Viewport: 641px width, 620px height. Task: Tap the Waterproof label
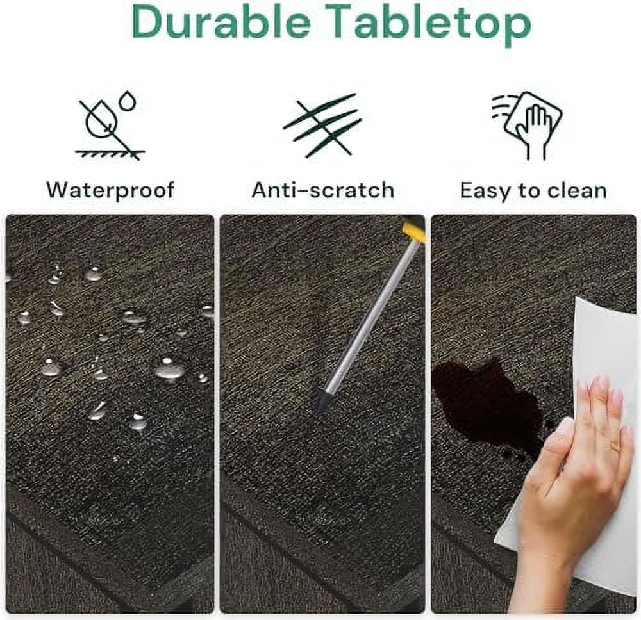pyautogui.click(x=110, y=190)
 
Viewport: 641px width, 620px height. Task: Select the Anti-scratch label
pyautogui.click(x=323, y=190)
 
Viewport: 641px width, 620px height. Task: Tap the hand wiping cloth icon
pyautogui.click(x=528, y=126)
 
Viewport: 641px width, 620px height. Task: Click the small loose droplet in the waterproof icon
pyautogui.click(x=128, y=101)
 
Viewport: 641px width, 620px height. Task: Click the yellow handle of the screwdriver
pyautogui.click(x=413, y=232)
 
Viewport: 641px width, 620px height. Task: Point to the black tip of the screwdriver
pyautogui.click(x=322, y=402)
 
